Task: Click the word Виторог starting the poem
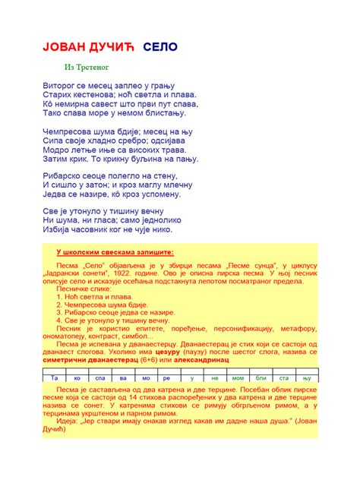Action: pyautogui.click(x=61, y=85)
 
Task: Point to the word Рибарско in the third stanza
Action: pyautogui.click(x=64, y=175)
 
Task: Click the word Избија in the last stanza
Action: pyautogui.click(x=57, y=230)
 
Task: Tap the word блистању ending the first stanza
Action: pyautogui.click(x=157, y=112)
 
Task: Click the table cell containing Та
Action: pyautogui.click(x=54, y=377)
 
